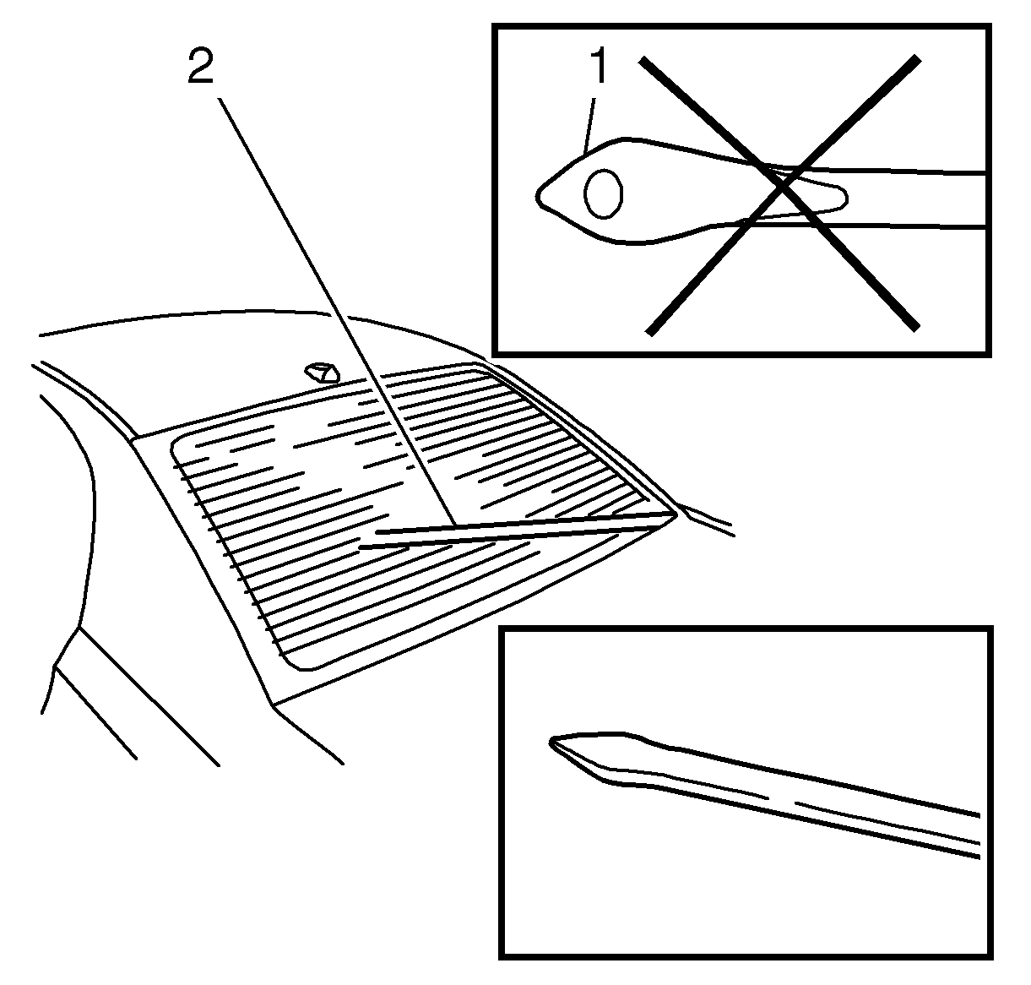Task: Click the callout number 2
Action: pyautogui.click(x=201, y=66)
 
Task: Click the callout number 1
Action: pyautogui.click(x=600, y=65)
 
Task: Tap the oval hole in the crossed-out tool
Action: pyautogui.click(x=603, y=193)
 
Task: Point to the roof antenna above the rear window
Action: pyautogui.click(x=322, y=373)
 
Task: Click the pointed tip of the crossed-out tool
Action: pyautogui.click(x=537, y=196)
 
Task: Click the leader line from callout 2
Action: pyautogui.click(x=337, y=312)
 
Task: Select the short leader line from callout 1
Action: pyautogui.click(x=589, y=126)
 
